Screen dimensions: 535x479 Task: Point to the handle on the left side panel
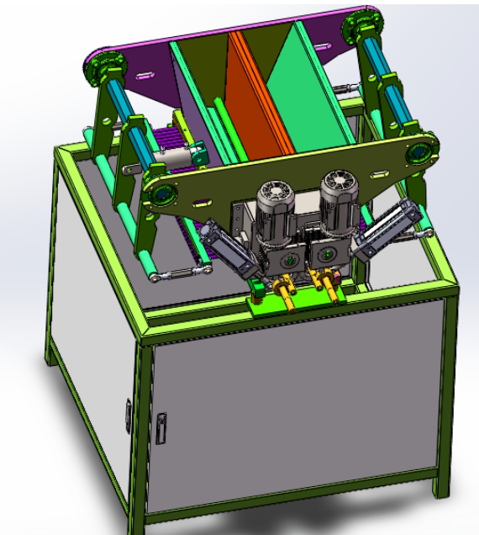click(128, 412)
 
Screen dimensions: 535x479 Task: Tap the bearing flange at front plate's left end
click(159, 194)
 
